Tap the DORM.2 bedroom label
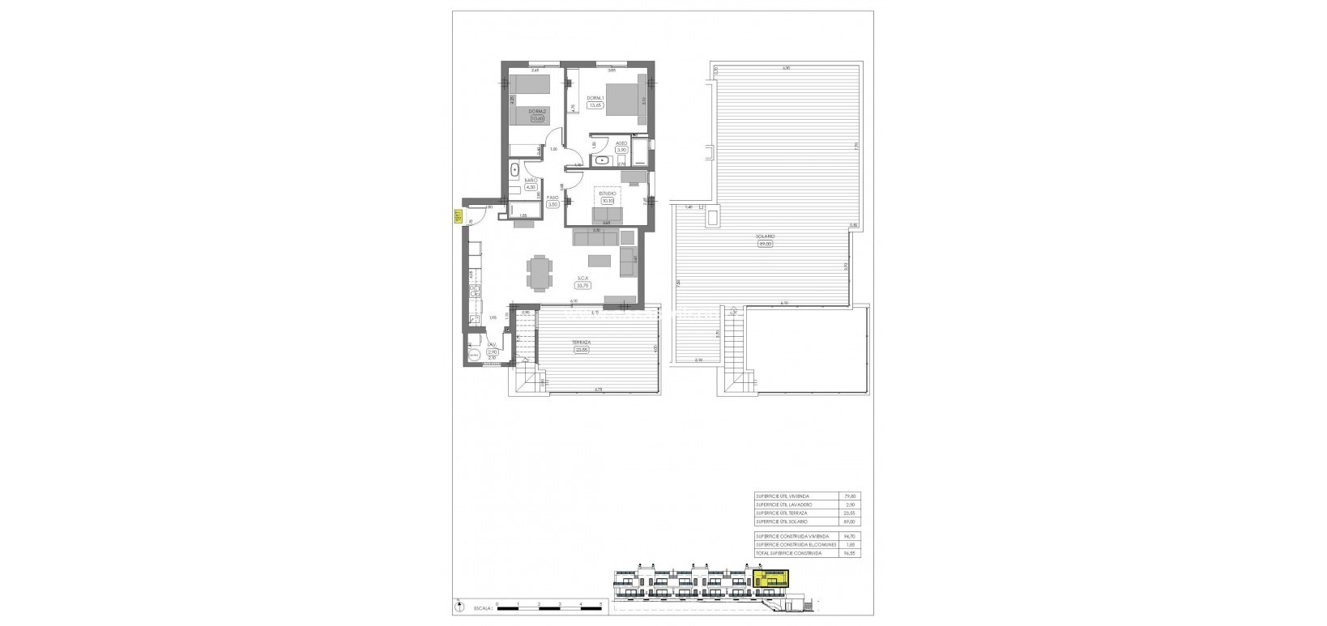(536, 111)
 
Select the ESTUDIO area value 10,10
(608, 201)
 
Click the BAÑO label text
(531, 181)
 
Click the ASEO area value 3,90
(621, 150)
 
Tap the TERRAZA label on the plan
(581, 343)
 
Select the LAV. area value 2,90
(492, 352)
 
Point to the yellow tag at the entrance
(457, 216)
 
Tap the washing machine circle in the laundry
(473, 352)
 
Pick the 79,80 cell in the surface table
(850, 496)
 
